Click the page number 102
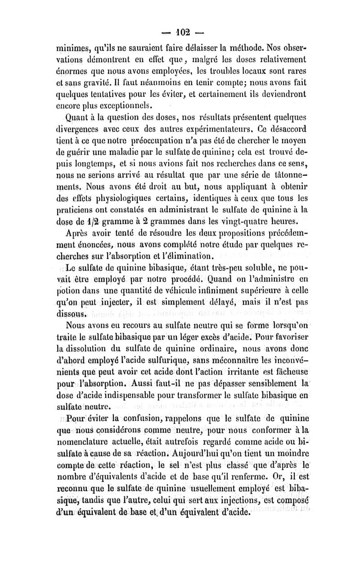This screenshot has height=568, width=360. [x=180, y=33]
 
